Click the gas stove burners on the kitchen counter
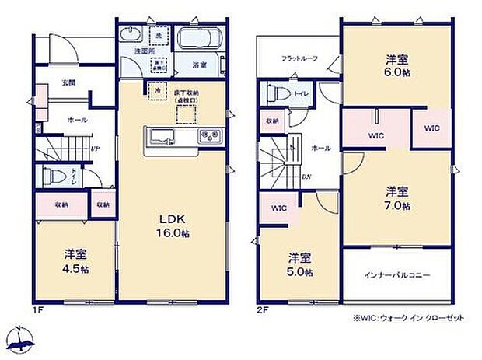point(209,138)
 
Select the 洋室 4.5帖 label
point(75,260)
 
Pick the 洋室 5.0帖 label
point(300,264)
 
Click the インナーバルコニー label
point(396,275)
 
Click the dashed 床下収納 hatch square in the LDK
point(186,115)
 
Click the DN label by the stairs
point(308,177)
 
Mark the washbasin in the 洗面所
point(131,36)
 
